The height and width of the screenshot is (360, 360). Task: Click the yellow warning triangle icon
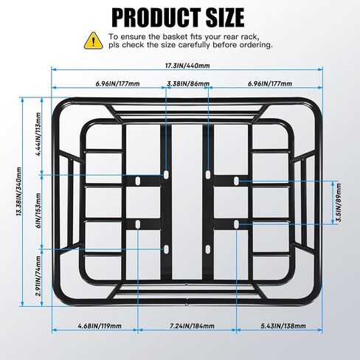pyautogui.click(x=94, y=41)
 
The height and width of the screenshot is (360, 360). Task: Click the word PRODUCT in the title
pyautogui.click(x=156, y=18)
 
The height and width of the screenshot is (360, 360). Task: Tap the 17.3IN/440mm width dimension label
pyautogui.click(x=187, y=66)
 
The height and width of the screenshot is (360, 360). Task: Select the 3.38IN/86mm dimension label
pyautogui.click(x=188, y=83)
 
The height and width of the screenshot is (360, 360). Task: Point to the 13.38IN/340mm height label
pyautogui.click(x=18, y=192)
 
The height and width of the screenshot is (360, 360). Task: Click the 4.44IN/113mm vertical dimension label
pyautogui.click(x=38, y=134)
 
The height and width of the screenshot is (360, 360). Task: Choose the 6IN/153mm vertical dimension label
pyautogui.click(x=38, y=210)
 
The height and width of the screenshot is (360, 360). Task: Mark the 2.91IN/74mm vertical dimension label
pyautogui.click(x=38, y=276)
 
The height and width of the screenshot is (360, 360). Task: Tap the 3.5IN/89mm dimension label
pyautogui.click(x=339, y=202)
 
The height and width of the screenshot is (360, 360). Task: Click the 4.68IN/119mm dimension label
pyautogui.click(x=100, y=326)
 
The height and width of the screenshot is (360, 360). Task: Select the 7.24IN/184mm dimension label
pyautogui.click(x=193, y=326)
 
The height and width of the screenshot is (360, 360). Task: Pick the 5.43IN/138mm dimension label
pyautogui.click(x=283, y=326)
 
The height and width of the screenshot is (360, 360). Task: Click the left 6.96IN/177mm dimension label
pyautogui.click(x=117, y=83)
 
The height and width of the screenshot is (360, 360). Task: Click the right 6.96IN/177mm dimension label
pyautogui.click(x=270, y=83)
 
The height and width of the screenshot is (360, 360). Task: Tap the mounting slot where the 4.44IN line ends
pyautogui.click(x=166, y=175)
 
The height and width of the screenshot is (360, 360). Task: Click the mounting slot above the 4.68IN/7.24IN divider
pyautogui.click(x=138, y=224)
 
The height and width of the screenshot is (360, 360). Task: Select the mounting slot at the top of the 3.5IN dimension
pyautogui.click(x=236, y=181)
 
